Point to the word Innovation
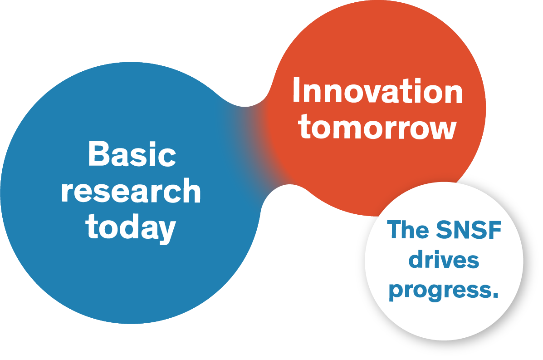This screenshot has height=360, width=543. (x=377, y=91)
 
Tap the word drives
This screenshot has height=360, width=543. (x=444, y=260)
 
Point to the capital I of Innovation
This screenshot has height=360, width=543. (x=297, y=91)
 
